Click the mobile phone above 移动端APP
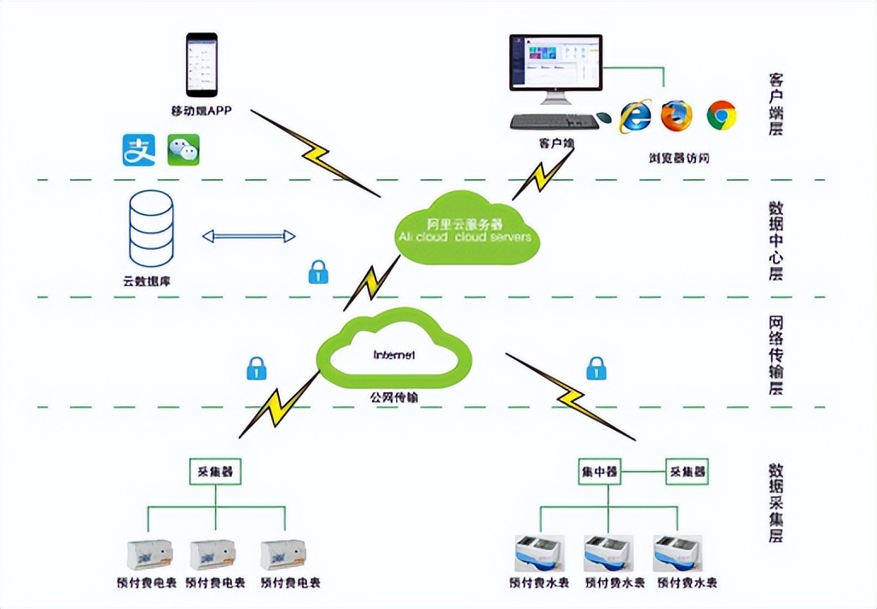(x=201, y=65)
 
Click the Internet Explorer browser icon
(x=635, y=115)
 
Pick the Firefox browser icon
(x=677, y=114)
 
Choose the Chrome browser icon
(x=721, y=114)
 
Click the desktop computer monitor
(x=555, y=64)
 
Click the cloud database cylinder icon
(x=151, y=226)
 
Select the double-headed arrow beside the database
(x=248, y=236)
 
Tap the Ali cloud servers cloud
(x=464, y=229)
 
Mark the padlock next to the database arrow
(x=318, y=272)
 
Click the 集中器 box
(x=600, y=471)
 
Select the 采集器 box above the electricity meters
(x=215, y=471)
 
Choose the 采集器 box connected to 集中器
(x=688, y=471)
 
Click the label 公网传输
(x=394, y=397)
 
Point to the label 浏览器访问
(x=679, y=158)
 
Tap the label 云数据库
(x=148, y=281)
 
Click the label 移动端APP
(x=201, y=110)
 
